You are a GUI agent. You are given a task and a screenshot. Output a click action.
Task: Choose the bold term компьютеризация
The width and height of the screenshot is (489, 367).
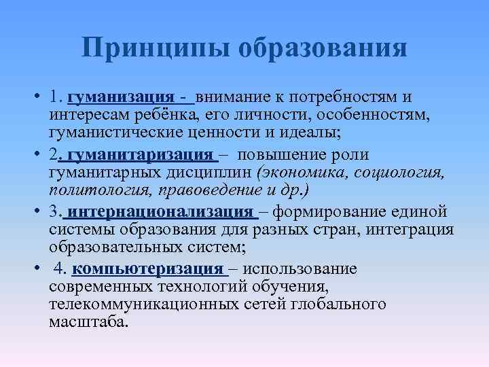pyautogui.click(x=147, y=269)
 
